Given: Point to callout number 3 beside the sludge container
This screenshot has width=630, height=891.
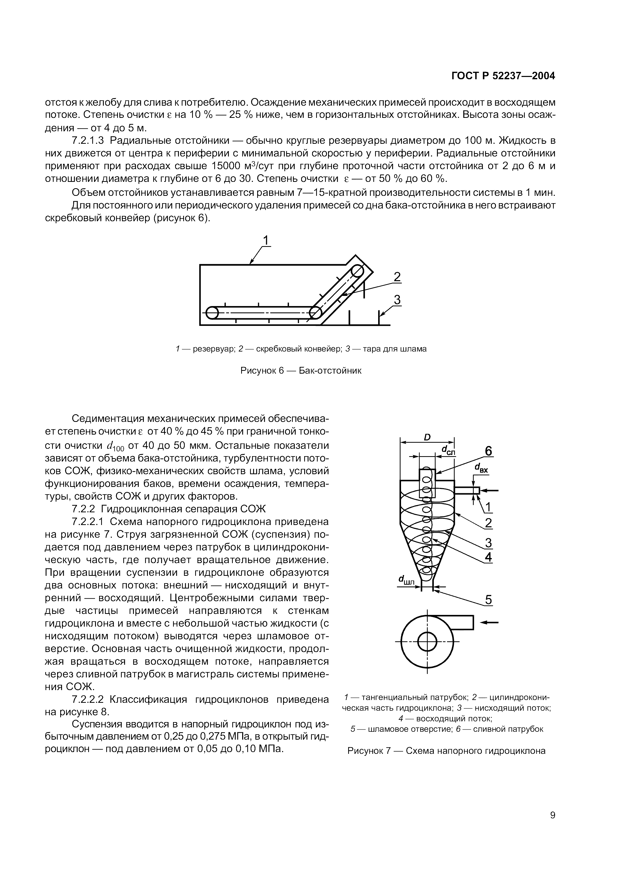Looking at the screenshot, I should (397, 300).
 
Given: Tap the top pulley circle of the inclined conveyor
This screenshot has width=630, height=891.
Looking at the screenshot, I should (358, 271).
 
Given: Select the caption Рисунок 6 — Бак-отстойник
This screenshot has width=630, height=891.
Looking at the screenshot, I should (301, 371).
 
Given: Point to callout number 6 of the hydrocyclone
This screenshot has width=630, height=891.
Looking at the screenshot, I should (488, 451).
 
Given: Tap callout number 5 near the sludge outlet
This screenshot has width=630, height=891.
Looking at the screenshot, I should (488, 600).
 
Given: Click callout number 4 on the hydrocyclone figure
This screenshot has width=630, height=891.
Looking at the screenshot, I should (488, 557).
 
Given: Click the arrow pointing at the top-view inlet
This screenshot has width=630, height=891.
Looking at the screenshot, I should (490, 623).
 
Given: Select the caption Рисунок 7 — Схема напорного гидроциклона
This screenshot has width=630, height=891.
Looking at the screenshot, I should (447, 751).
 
